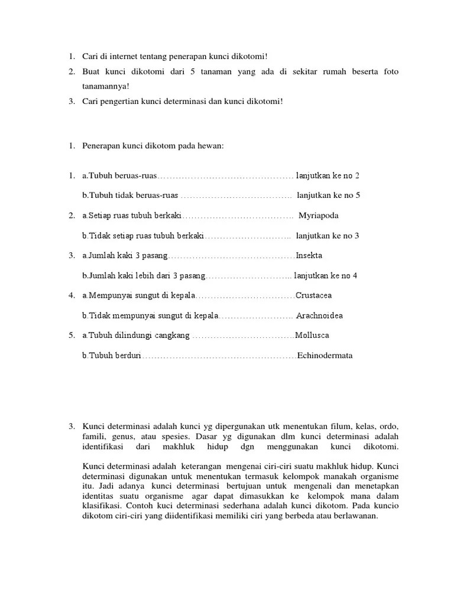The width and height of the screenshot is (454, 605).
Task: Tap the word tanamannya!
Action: point(105,86)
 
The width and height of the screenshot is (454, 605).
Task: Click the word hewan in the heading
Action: point(210,146)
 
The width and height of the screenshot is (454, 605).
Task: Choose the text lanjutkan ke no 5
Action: point(328,196)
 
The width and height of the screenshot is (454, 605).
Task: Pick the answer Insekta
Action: point(309,256)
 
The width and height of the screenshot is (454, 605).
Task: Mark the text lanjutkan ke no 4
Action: point(326,276)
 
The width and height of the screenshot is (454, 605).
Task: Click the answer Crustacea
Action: point(314,295)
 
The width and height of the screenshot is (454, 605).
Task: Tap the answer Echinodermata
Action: point(325,356)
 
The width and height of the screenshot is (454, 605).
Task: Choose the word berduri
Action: point(127,356)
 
